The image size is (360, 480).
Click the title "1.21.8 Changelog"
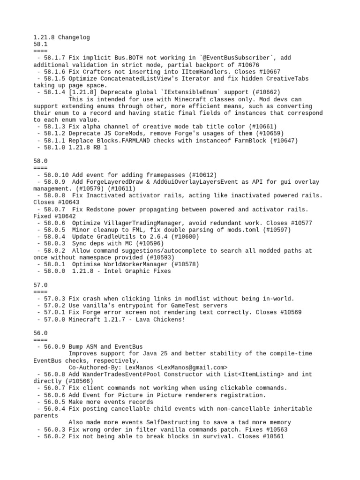(61, 37)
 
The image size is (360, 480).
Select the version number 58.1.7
(54, 58)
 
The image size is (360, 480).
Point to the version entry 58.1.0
(54, 147)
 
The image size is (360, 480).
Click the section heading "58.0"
(41, 161)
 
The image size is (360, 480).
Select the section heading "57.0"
(41, 285)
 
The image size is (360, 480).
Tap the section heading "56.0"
(41, 333)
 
